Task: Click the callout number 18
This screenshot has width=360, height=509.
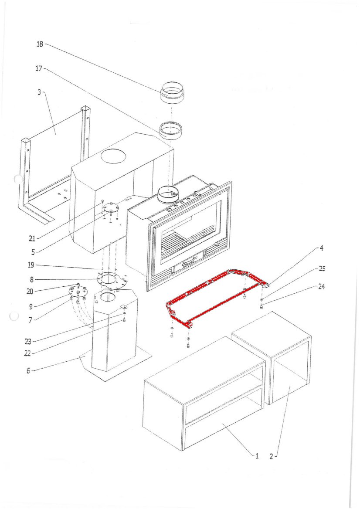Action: click(x=39, y=44)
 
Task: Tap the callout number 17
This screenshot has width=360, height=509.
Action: click(x=38, y=68)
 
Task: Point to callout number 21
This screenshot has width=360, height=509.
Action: click(x=31, y=238)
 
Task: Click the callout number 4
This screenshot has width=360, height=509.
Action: click(x=321, y=248)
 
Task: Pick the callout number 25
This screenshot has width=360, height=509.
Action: click(x=322, y=268)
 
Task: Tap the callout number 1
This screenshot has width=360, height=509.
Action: click(x=257, y=456)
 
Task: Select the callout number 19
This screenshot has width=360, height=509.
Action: click(x=31, y=265)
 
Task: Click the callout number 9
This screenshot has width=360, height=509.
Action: click(x=30, y=306)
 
